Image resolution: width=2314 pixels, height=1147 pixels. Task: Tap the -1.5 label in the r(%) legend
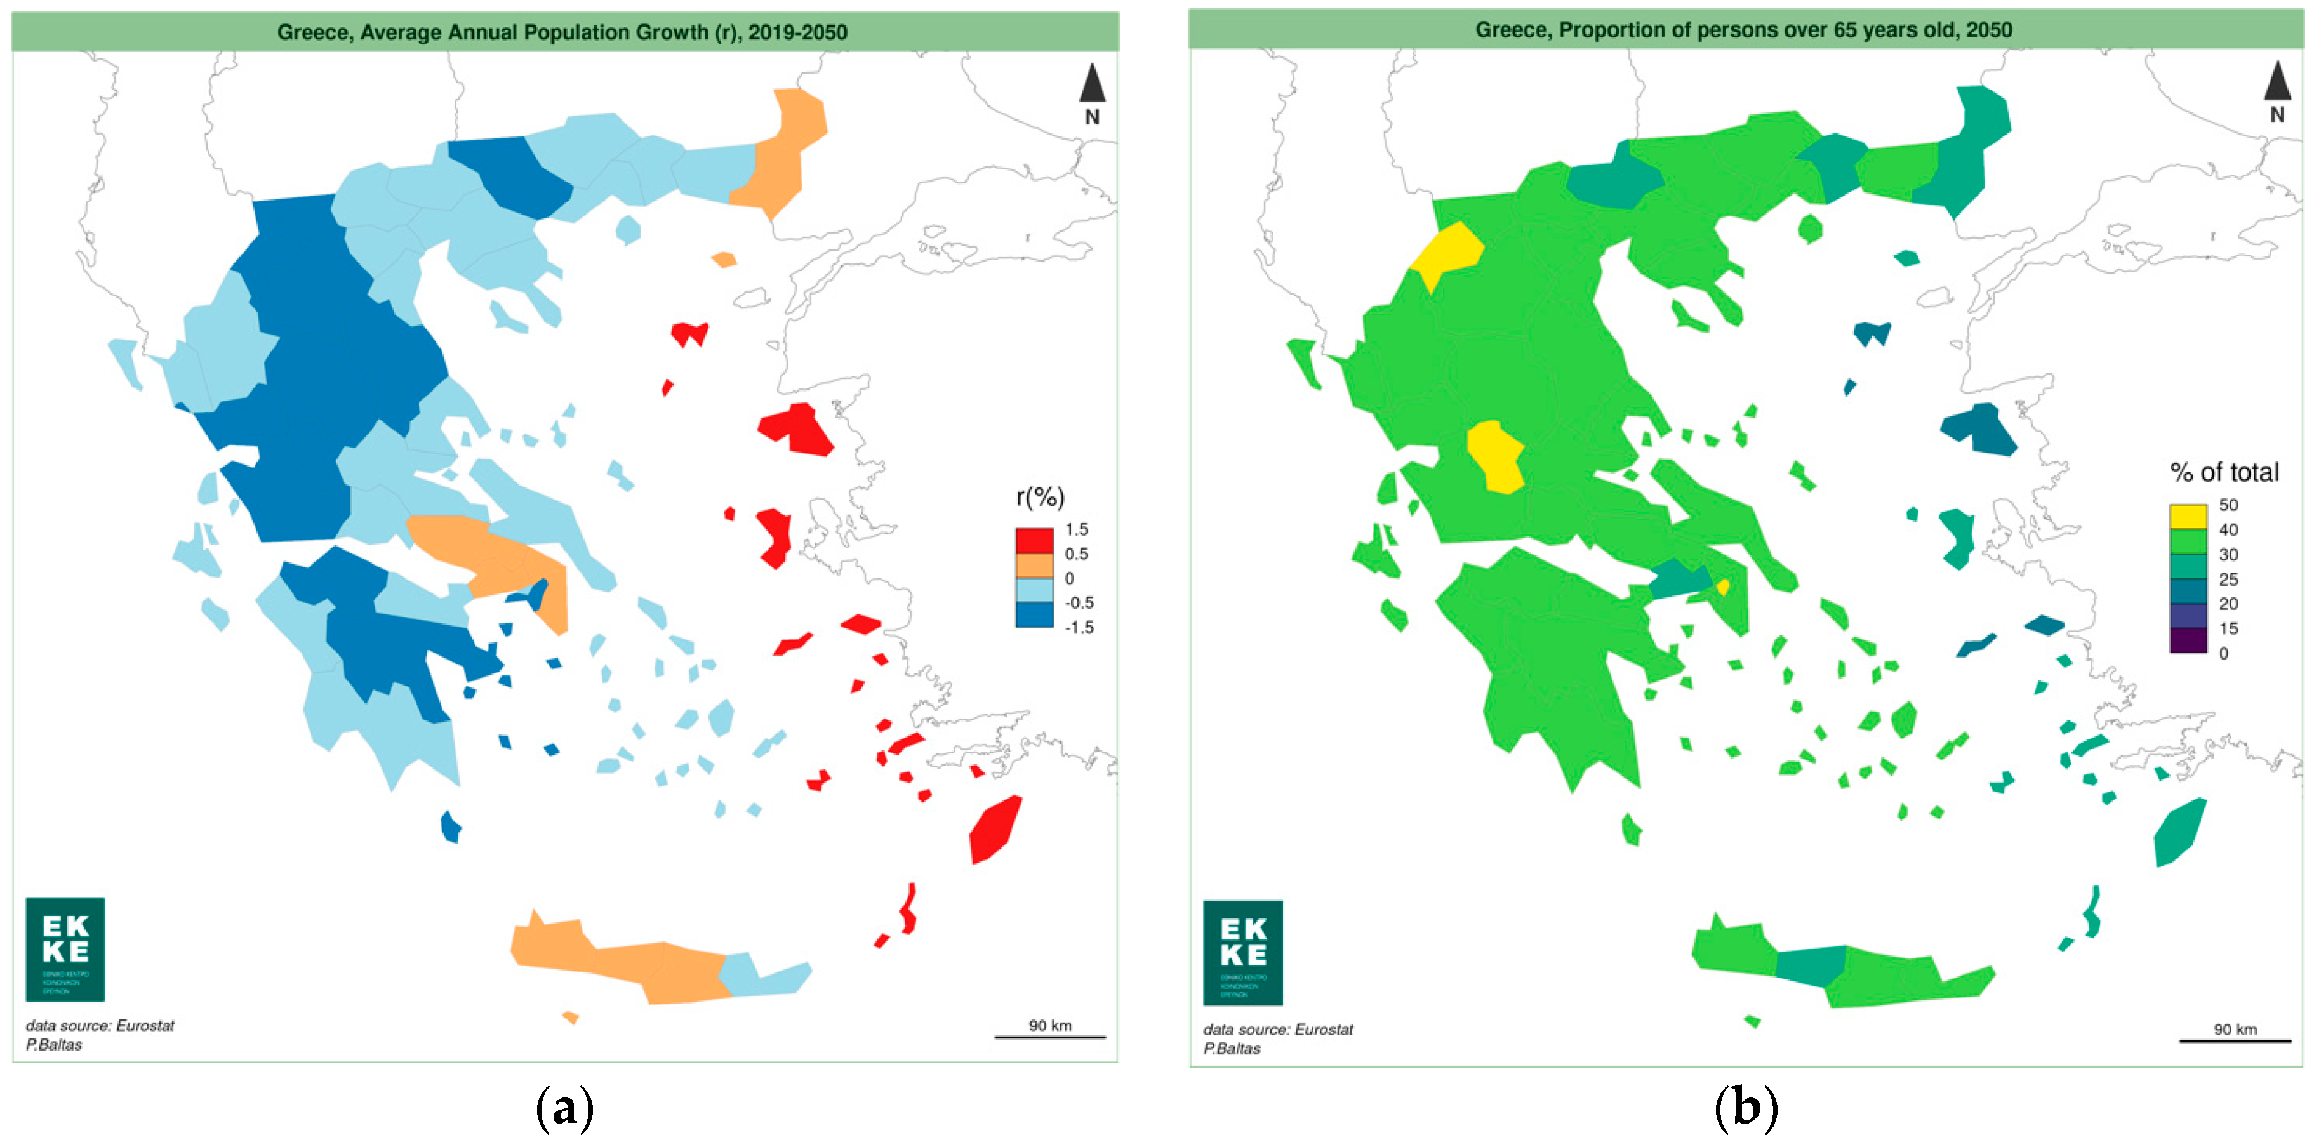coord(1079,627)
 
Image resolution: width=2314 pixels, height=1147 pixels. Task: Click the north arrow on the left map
coord(1091,84)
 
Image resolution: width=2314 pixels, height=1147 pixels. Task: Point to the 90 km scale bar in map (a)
coord(1049,1037)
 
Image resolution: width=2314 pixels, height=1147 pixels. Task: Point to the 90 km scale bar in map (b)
coord(2234,1040)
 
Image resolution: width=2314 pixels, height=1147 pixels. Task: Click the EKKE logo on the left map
coord(65,948)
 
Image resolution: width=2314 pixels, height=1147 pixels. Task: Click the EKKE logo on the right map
coord(1242,952)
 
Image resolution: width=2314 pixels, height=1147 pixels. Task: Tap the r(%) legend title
coord(1039,497)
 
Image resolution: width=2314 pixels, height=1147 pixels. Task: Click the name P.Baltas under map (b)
coord(1232,1048)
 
